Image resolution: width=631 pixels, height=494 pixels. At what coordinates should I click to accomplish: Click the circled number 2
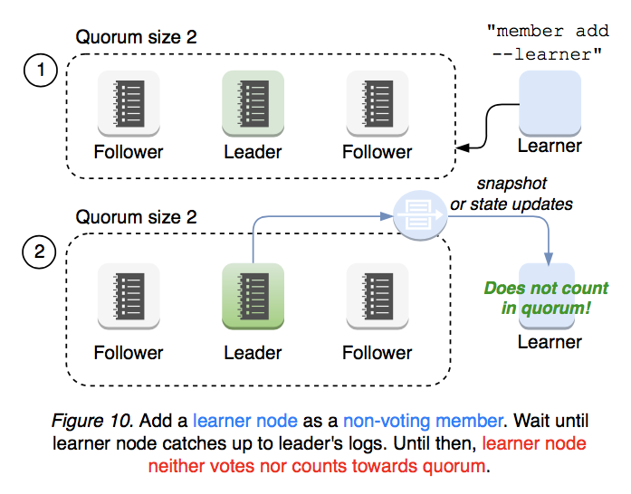click(39, 253)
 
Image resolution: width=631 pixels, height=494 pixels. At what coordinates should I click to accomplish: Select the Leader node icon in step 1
click(253, 103)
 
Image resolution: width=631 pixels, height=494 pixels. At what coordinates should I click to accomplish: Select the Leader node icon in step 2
click(253, 295)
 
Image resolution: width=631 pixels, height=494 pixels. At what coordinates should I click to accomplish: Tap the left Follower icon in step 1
click(129, 103)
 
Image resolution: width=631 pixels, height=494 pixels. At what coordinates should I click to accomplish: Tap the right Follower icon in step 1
click(378, 103)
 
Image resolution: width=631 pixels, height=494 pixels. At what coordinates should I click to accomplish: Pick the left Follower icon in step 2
click(129, 295)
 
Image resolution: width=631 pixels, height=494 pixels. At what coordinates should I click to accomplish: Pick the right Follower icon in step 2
click(378, 295)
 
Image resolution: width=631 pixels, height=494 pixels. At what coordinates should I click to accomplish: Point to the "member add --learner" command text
click(547, 43)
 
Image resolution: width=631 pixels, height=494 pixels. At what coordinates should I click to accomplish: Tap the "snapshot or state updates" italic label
click(511, 194)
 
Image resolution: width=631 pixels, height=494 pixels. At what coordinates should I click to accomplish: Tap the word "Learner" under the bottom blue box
click(550, 341)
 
